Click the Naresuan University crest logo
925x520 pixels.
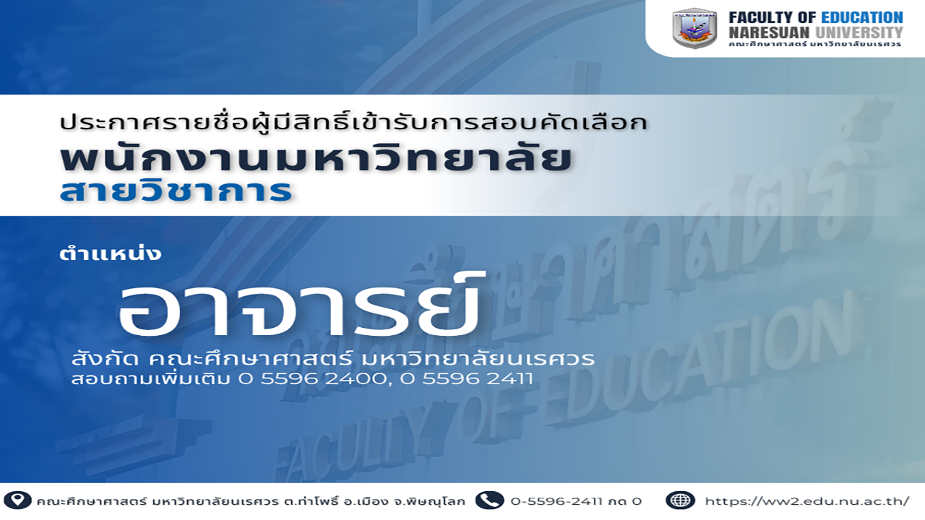pyautogui.click(x=694, y=28)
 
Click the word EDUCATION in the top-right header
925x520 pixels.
pyautogui.click(x=862, y=18)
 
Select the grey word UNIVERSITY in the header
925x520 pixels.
pyautogui.click(x=859, y=32)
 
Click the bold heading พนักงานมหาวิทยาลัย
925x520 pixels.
pyautogui.click(x=316, y=158)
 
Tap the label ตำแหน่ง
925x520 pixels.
pyautogui.click(x=110, y=253)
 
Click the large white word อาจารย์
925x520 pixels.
pyautogui.click(x=298, y=306)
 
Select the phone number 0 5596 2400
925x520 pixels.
pyautogui.click(x=313, y=379)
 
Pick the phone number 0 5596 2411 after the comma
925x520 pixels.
pyautogui.click(x=466, y=379)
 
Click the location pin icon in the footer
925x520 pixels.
pyautogui.click(x=17, y=500)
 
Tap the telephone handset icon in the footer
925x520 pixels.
pyautogui.click(x=489, y=500)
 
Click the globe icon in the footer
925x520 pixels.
pyautogui.click(x=680, y=500)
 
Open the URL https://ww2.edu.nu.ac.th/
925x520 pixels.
pyautogui.click(x=807, y=501)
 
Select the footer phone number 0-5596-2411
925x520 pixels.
pyautogui.click(x=556, y=501)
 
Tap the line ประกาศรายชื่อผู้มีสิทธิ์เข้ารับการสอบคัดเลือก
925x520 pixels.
pyautogui.click(x=354, y=122)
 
